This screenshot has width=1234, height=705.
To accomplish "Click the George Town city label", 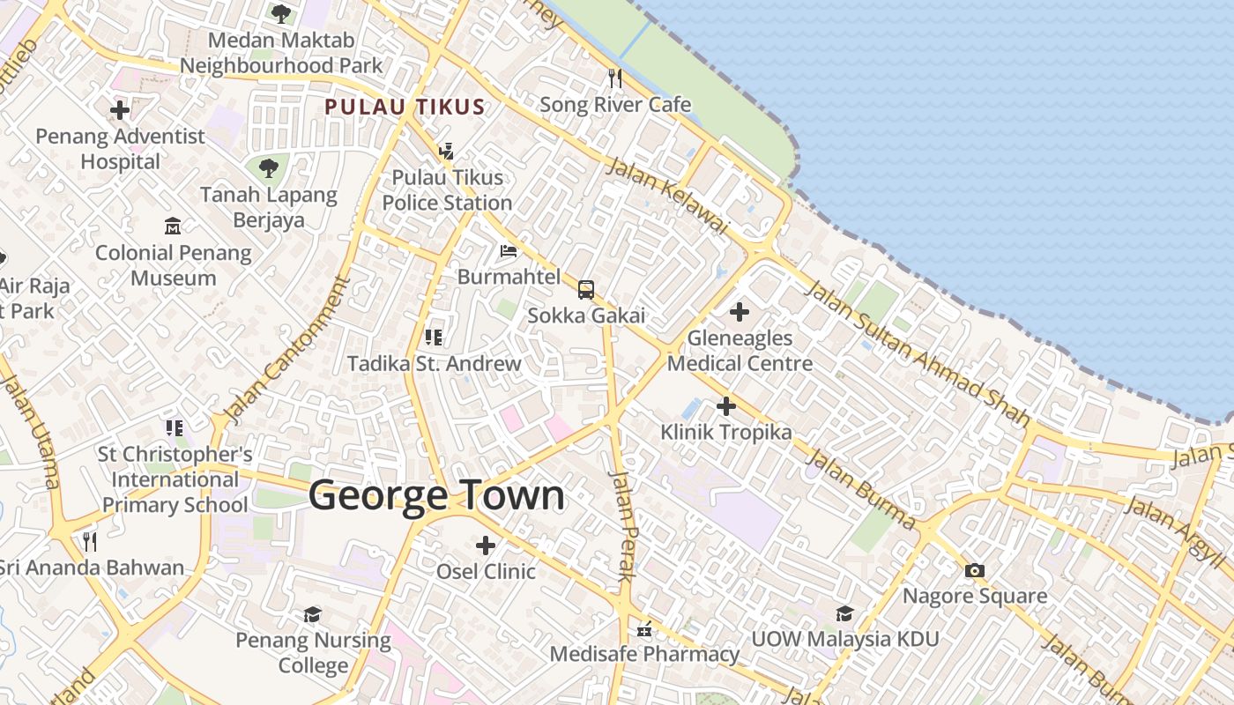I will coord(436,495).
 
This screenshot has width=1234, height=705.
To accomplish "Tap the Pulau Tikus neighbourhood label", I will coord(405,108).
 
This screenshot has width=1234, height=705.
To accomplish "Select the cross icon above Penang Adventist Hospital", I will coord(120,110).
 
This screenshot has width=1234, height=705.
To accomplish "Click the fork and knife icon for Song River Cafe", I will coord(615,78).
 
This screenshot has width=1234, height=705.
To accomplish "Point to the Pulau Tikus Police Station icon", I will coord(446,152).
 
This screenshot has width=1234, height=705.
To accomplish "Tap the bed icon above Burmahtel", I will coord(509,251).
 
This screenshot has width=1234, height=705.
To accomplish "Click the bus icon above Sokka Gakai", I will coord(586,289).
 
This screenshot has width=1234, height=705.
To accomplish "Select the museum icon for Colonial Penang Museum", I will coord(173,226).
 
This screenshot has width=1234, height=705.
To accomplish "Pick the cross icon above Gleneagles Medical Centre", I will coord(740,312).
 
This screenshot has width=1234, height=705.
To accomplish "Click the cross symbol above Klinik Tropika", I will coord(726,406).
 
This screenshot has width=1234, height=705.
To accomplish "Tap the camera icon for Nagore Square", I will coord(975,570).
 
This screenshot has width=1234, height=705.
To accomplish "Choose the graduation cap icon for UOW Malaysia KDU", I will coord(844,613).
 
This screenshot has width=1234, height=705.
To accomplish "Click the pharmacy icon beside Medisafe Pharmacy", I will coord(644,630).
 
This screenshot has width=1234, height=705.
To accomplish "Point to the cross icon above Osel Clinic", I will coord(486,545).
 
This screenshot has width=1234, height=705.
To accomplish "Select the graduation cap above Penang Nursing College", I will coord(312,614).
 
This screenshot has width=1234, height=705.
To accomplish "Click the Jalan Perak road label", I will coord(623,525).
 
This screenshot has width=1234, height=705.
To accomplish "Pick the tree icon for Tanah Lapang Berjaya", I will coord(268,167).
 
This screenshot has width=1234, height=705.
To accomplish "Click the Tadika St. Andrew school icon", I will coord(433,337).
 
